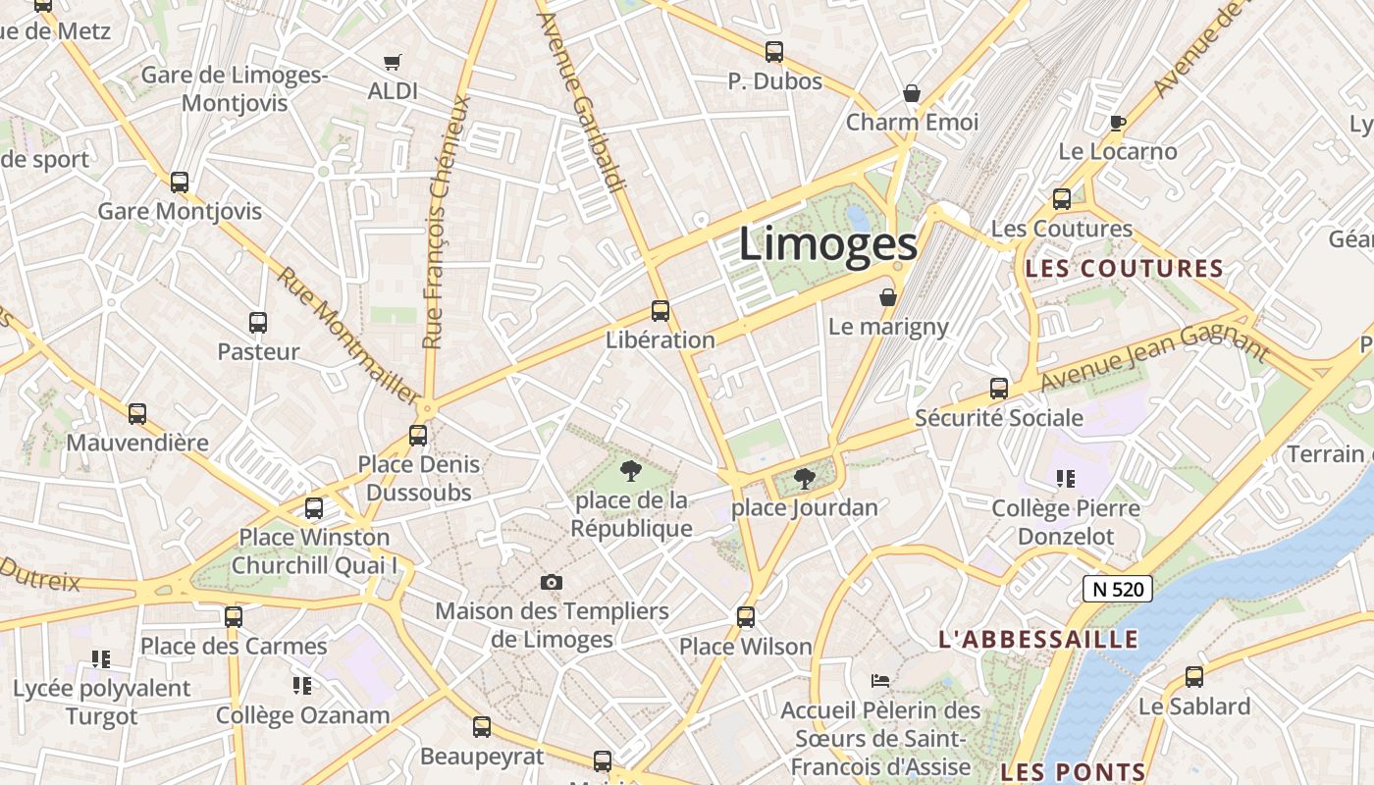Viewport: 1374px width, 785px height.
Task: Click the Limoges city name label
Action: click(827, 244)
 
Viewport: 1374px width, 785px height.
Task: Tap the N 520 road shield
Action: click(1118, 589)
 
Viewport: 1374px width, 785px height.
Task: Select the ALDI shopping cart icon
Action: click(393, 63)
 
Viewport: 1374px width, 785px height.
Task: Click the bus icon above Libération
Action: click(661, 311)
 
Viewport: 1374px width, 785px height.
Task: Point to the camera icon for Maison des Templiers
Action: click(552, 583)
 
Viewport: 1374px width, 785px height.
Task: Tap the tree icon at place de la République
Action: click(630, 472)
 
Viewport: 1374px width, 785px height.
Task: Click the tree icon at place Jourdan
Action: click(805, 479)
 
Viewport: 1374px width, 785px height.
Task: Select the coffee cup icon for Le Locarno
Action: click(1117, 123)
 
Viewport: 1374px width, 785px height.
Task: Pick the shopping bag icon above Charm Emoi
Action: click(912, 93)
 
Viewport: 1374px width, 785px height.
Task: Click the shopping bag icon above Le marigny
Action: click(888, 296)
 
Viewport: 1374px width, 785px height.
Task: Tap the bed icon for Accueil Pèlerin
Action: click(880, 680)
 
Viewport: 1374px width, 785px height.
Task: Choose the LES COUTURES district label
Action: click(1125, 269)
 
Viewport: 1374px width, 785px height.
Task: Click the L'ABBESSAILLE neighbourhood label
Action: click(1038, 640)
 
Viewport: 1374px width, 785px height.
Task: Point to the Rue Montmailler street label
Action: click(347, 334)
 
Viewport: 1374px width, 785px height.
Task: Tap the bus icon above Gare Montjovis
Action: click(180, 182)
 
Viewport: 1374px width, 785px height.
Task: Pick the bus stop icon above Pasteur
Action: click(258, 322)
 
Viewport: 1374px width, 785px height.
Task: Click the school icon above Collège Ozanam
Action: click(302, 685)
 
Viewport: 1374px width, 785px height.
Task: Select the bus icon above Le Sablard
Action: click(1194, 676)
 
